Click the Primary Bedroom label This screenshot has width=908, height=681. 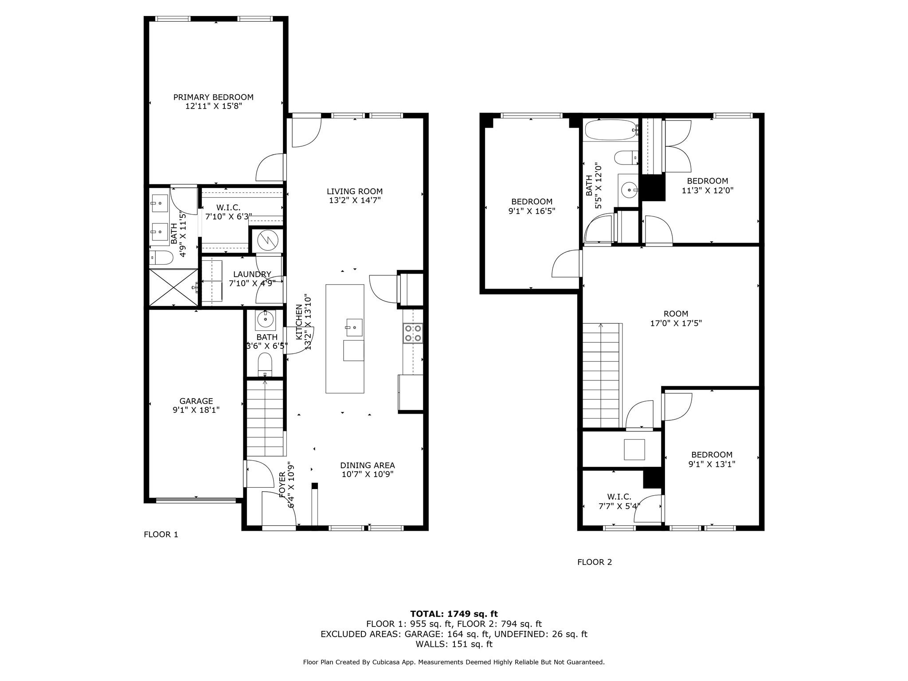(x=213, y=102)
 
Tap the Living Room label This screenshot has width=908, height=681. (x=355, y=196)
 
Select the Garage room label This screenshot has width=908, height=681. (x=196, y=406)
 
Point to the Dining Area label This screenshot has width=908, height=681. (x=368, y=470)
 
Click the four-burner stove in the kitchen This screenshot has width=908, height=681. (x=413, y=333)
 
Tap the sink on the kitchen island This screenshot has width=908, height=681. (x=354, y=327)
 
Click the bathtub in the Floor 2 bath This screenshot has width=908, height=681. (x=611, y=130)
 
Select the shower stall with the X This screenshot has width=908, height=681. (x=173, y=287)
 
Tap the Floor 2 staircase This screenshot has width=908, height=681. (x=601, y=376)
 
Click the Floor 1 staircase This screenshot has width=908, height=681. (x=265, y=418)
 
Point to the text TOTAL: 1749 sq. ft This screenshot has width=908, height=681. (x=454, y=614)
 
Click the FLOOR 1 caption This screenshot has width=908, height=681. (x=161, y=534)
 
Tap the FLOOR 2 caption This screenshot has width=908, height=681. (x=595, y=562)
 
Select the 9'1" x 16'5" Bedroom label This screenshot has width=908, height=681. (x=532, y=206)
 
